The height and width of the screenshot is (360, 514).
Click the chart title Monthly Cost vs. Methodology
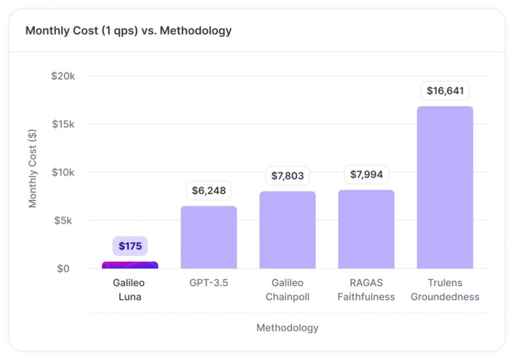128,30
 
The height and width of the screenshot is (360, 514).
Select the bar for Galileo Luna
130,265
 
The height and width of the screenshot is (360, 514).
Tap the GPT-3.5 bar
209,237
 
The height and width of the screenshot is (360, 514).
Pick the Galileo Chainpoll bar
287,230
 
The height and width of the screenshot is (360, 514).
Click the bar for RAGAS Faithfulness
366,229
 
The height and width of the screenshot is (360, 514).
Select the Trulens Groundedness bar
445,187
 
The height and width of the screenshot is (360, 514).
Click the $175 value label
130,246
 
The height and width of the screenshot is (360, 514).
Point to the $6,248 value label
209,191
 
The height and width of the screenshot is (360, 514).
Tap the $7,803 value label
287,176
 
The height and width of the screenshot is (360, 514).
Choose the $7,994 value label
366,175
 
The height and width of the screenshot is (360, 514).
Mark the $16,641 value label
445,90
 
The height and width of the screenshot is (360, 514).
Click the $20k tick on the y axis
63,76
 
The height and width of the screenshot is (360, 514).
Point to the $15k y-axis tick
63,124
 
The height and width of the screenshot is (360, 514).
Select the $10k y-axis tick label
63,172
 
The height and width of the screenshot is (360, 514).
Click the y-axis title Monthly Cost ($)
33,168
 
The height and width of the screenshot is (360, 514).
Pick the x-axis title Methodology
287,328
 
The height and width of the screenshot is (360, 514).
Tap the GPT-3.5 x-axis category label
209,283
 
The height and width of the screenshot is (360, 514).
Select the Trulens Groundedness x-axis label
445,289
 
